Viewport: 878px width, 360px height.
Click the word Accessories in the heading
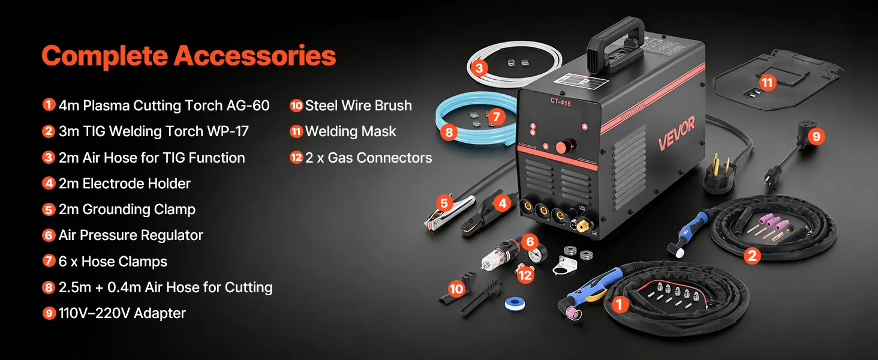click(255, 56)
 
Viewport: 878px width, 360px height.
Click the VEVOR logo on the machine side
click(676, 133)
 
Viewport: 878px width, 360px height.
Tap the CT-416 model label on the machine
click(561, 102)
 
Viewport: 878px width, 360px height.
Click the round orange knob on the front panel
click(564, 146)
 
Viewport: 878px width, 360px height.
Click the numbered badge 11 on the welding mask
click(767, 83)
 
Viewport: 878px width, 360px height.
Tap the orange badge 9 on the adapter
click(816, 136)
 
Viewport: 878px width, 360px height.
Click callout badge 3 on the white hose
click(479, 68)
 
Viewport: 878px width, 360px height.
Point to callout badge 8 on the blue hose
click(449, 132)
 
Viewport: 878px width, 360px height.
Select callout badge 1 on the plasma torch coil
click(620, 304)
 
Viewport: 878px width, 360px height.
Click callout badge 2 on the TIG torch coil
click(752, 256)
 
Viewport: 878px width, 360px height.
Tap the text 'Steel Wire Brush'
click(359, 106)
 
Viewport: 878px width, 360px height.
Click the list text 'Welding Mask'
click(351, 131)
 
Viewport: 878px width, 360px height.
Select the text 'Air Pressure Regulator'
click(131, 235)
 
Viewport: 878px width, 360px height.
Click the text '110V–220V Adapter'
click(122, 313)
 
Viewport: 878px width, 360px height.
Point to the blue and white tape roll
click(515, 304)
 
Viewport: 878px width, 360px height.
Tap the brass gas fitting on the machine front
click(585, 226)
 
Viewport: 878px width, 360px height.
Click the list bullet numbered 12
click(296, 158)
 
